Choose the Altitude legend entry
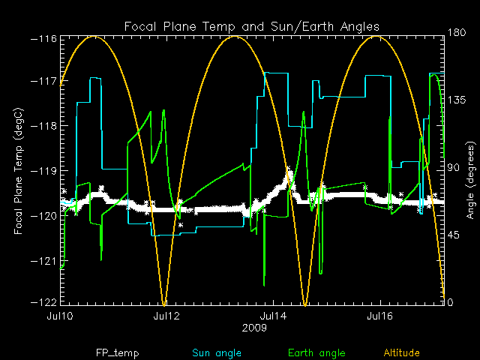point(403,352)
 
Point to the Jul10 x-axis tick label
point(58,316)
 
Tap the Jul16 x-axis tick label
point(379,316)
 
